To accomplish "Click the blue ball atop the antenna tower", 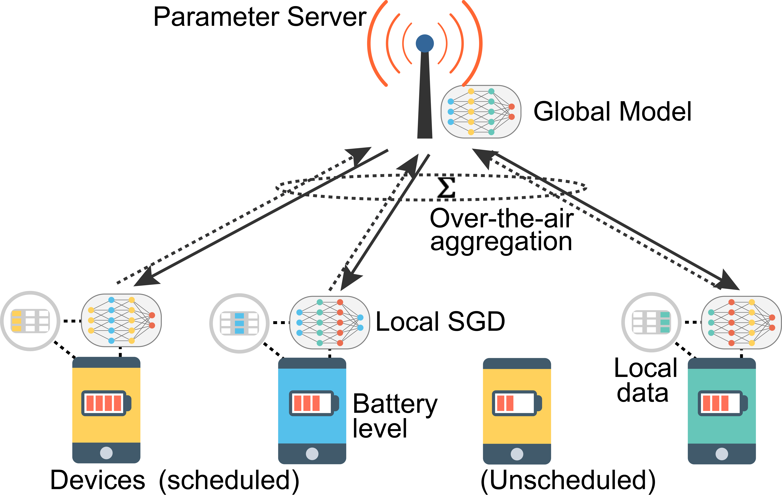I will [424, 43].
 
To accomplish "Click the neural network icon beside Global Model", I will [481, 112].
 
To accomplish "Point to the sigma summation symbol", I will [446, 187].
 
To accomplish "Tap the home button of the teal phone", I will [722, 454].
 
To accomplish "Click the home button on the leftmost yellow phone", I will [106, 453].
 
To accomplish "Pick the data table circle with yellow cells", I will [30, 321].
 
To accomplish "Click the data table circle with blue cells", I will [239, 323].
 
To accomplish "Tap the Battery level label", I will [395, 416].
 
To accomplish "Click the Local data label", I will [645, 381].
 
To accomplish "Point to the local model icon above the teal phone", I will [741, 322].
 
